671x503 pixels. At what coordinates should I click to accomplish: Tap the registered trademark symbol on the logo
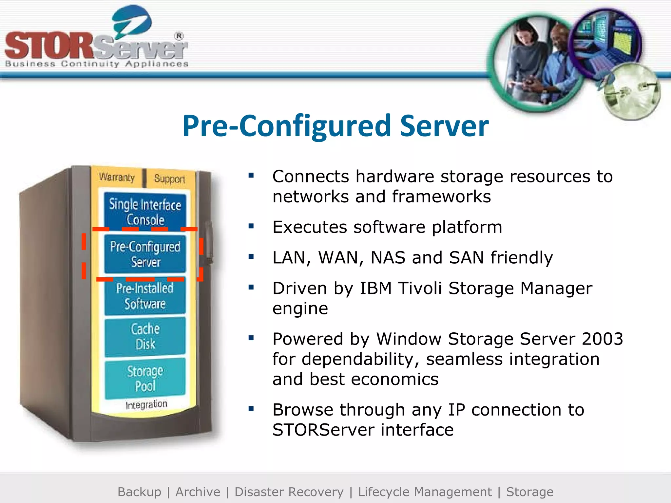coord(179,36)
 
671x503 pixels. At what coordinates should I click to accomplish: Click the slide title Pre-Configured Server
coord(335,126)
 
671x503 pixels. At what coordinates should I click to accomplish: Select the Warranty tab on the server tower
coord(117,177)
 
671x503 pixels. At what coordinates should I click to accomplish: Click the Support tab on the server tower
coord(169,179)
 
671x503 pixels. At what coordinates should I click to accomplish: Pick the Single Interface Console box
coord(145,212)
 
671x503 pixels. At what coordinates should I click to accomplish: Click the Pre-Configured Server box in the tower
coord(145,254)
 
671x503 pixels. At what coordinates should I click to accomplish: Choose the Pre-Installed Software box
coord(145,296)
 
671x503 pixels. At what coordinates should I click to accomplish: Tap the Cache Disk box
coord(145,336)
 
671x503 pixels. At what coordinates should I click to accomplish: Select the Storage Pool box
coord(145,378)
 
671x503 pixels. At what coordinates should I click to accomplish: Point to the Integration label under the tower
coord(146,405)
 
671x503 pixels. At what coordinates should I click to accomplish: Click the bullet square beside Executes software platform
coord(251,226)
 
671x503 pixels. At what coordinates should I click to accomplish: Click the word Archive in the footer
coord(198,492)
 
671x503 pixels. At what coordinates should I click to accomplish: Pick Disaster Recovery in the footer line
coord(289,492)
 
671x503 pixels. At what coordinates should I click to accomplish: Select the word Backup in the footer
coord(139,492)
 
